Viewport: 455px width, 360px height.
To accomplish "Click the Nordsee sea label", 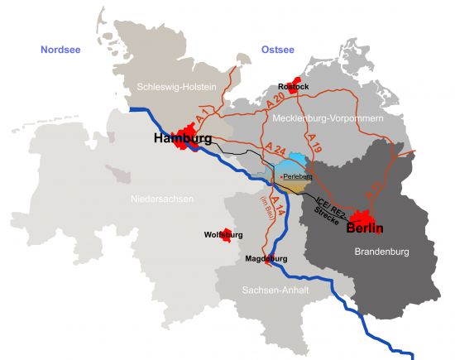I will (x=63, y=50).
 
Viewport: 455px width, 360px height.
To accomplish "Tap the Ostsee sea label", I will (x=277, y=50).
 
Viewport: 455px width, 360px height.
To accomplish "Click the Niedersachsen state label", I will (x=162, y=199).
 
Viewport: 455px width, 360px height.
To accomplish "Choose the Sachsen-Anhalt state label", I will (x=271, y=290).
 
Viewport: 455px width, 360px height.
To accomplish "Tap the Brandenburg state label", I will (x=381, y=251).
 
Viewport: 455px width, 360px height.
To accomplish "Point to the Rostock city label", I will (x=294, y=86).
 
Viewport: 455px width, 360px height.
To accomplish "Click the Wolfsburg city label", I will (x=223, y=235).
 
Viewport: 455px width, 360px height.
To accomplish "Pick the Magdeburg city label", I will (x=266, y=259).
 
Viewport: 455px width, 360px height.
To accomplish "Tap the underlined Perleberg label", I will (x=297, y=176).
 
